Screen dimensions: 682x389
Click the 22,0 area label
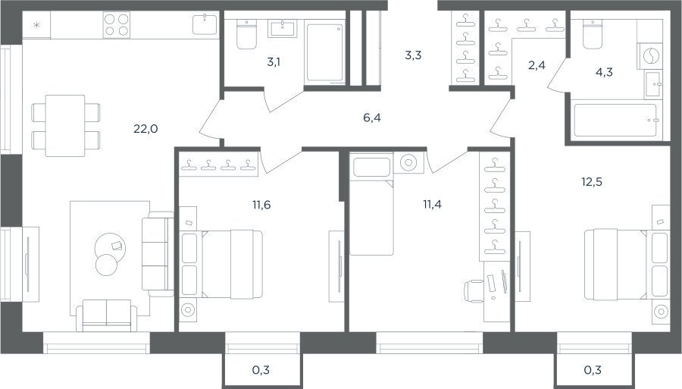point(145,129)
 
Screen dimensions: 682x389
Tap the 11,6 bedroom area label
point(261,204)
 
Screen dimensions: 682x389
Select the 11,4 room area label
point(433,204)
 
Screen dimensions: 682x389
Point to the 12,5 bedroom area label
point(592,182)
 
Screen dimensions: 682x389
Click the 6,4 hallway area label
point(372,118)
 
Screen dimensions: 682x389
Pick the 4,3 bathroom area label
point(604,72)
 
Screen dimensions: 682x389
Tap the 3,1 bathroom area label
point(274,62)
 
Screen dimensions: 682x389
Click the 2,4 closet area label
point(537,65)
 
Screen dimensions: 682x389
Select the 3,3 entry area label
point(413,55)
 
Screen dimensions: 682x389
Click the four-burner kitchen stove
point(117,24)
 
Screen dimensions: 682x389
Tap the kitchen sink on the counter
point(205,24)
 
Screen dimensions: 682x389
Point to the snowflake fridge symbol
point(36,25)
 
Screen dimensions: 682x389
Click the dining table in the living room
point(65,126)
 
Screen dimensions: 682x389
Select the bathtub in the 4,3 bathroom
point(615,121)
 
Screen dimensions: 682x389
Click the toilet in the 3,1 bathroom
point(246,34)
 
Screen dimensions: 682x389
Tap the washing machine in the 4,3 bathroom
point(650,55)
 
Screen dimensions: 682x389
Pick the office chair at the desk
point(475,290)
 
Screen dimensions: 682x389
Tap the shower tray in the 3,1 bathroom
point(325,52)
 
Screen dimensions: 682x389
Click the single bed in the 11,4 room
point(371,205)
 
